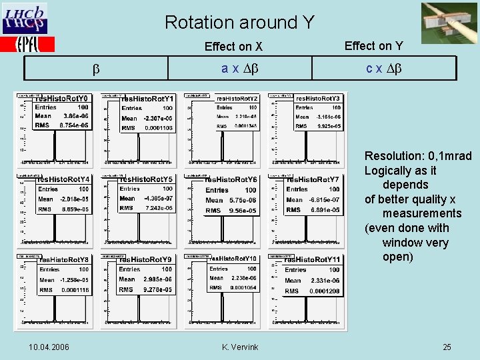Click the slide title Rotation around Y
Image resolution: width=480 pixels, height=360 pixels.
coord(239,23)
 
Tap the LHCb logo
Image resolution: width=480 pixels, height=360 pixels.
coord(25,19)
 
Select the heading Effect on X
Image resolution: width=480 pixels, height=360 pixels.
coord(233,47)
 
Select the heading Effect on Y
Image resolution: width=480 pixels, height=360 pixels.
coord(373,45)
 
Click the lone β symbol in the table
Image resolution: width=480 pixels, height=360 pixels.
coord(95,69)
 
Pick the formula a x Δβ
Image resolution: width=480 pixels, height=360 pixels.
coord(239,69)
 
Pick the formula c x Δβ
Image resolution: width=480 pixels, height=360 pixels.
coord(383,69)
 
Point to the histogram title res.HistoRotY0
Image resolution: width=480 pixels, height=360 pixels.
coord(63,99)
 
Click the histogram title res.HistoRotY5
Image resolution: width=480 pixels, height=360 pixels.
coord(147,179)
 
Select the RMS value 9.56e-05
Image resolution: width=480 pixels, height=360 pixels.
coord(243,211)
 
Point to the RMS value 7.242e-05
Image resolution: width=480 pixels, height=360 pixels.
coord(157,208)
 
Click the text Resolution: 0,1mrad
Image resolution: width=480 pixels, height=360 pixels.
coord(417,156)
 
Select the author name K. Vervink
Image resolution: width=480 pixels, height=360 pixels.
coord(240,347)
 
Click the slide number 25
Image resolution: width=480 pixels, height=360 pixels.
coord(447,347)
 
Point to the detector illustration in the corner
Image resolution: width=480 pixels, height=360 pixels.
coord(449,23)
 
